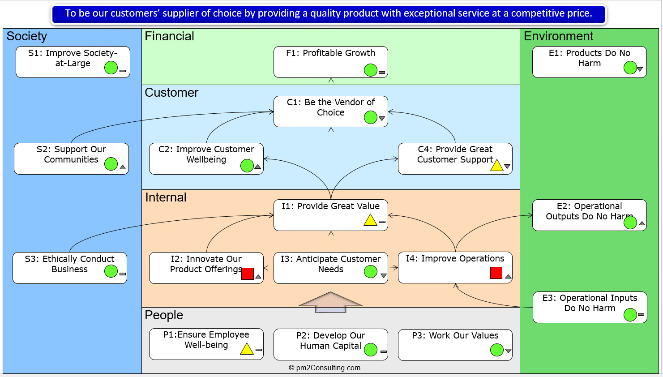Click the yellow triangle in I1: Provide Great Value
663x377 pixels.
(370, 220)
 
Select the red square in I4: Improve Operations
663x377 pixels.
(496, 273)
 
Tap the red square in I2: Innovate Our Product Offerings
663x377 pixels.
(248, 274)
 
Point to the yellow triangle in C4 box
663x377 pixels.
(496, 165)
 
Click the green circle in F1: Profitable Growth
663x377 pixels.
(371, 70)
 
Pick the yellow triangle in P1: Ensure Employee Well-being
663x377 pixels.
(247, 349)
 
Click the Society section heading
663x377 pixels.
(27, 36)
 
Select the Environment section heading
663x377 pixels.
(559, 36)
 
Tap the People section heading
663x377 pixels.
(164, 315)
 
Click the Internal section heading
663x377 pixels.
(166, 197)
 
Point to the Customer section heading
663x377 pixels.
(171, 93)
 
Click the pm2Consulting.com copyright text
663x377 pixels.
(325, 368)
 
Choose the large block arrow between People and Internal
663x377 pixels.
(330, 302)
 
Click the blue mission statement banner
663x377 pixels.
(329, 14)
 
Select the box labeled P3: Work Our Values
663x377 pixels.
(455, 345)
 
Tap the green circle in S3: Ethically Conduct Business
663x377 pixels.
(111, 271)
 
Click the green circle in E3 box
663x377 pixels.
(630, 315)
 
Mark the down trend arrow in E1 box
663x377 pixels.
(640, 69)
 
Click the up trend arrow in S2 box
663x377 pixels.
(123, 167)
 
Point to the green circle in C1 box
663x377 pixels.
(371, 117)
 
